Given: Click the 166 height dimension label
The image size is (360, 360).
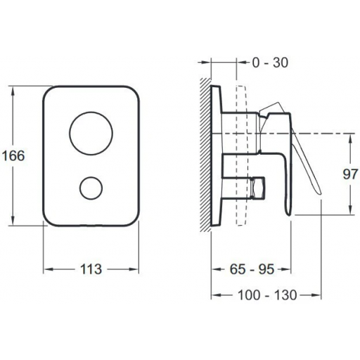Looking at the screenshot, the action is click(13, 155).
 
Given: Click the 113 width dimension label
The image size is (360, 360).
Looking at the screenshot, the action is click(91, 269).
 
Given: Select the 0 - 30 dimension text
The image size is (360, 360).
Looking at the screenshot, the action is click(270, 63).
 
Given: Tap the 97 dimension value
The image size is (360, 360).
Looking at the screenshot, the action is click(350, 174).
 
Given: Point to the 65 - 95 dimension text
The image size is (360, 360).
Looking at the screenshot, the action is click(252, 269).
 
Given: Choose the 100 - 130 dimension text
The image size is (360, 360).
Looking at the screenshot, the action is click(267, 295).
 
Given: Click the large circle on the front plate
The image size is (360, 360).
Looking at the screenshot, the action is click(91, 133).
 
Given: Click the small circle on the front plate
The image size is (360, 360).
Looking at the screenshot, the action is click(91, 188).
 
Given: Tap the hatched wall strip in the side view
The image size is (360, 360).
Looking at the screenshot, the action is click(205, 155).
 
